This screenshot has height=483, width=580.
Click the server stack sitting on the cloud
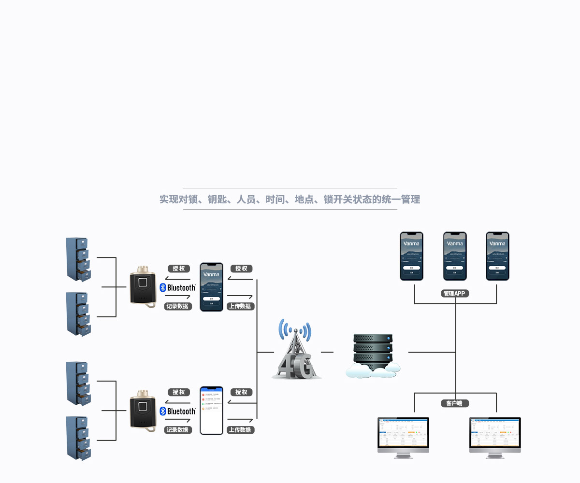coord(372,350)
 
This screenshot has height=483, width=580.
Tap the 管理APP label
coord(455,294)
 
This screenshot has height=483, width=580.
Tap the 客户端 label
coord(455,403)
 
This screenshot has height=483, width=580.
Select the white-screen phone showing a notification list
coord(212,410)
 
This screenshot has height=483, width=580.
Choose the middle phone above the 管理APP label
coord(455,256)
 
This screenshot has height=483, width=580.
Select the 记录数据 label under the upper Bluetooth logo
coord(178,306)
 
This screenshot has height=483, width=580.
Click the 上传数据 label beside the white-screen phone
coord(240,430)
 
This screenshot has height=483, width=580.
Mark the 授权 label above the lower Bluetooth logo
coord(179,392)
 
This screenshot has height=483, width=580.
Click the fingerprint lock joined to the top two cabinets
coord(143,288)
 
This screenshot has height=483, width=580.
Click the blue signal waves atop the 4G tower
coord(294,329)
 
